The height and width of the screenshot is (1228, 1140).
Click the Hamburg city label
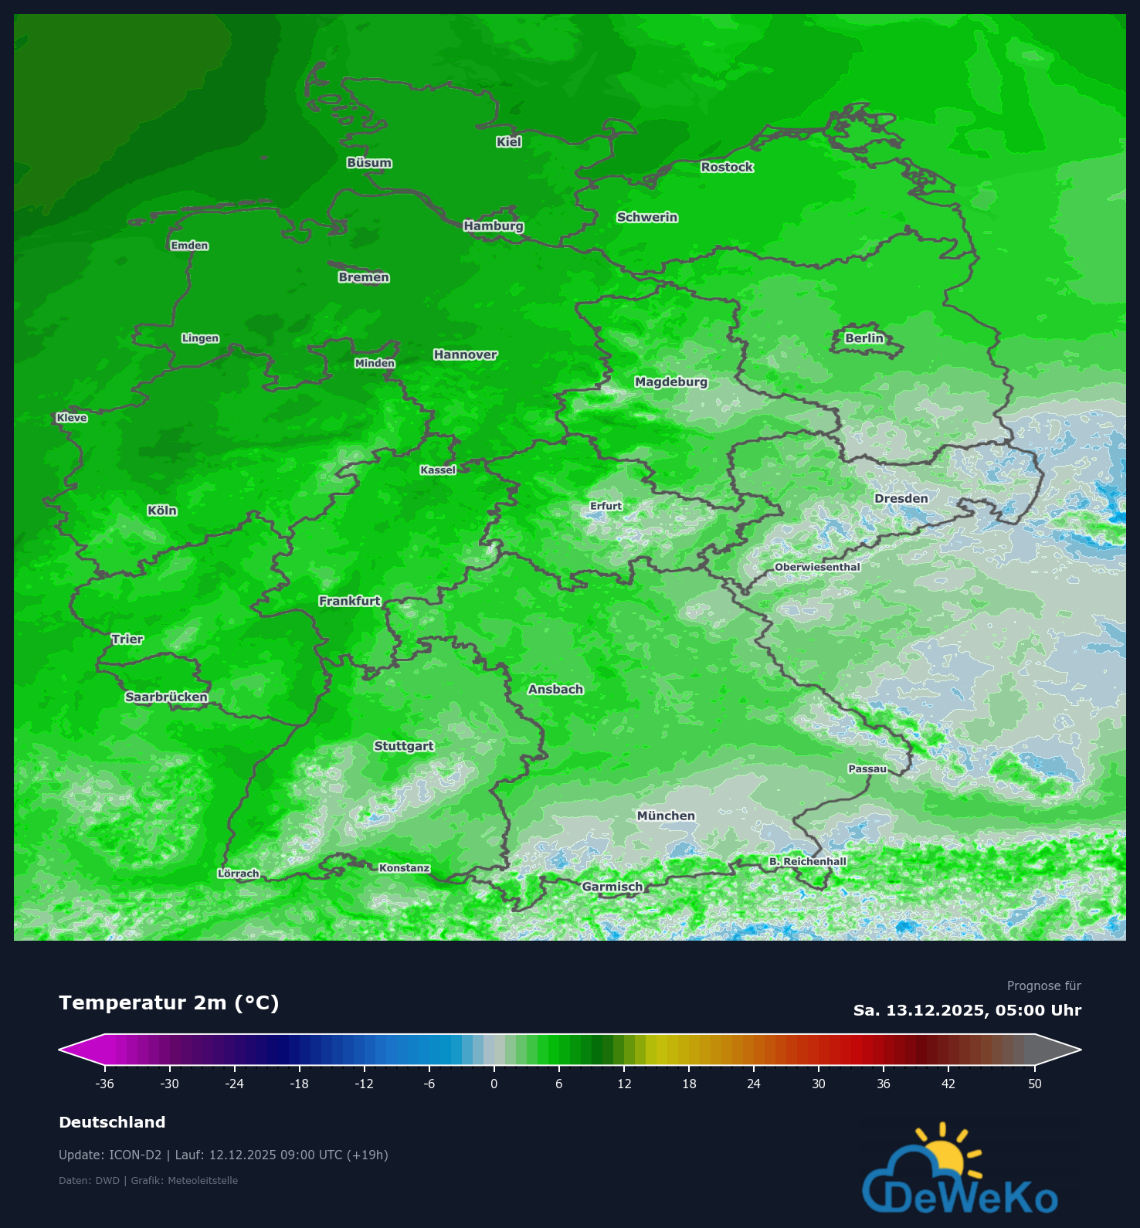(494, 226)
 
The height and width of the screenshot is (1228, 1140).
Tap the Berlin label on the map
(863, 338)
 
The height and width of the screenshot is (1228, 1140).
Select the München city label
(666, 816)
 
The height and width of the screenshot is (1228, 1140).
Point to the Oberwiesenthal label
(817, 567)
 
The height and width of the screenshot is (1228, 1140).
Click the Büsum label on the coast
(369, 163)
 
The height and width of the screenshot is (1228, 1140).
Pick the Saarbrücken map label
(167, 697)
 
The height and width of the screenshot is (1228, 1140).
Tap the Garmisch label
(612, 887)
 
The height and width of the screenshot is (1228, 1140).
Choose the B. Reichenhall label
(808, 861)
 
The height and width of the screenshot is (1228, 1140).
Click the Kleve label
(72, 418)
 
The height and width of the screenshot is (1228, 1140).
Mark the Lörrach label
(239, 874)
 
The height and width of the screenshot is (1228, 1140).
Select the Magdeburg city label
(671, 382)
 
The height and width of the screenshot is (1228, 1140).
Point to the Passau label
(867, 768)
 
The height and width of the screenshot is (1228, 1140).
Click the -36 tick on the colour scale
(105, 1084)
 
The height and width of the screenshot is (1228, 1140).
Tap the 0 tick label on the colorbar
(494, 1084)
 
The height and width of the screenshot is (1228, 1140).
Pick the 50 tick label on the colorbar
(1035, 1084)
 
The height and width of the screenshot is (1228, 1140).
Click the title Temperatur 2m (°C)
(169, 1002)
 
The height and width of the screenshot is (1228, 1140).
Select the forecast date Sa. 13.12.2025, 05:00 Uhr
(967, 1010)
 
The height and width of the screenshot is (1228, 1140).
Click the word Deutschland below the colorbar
(112, 1122)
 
